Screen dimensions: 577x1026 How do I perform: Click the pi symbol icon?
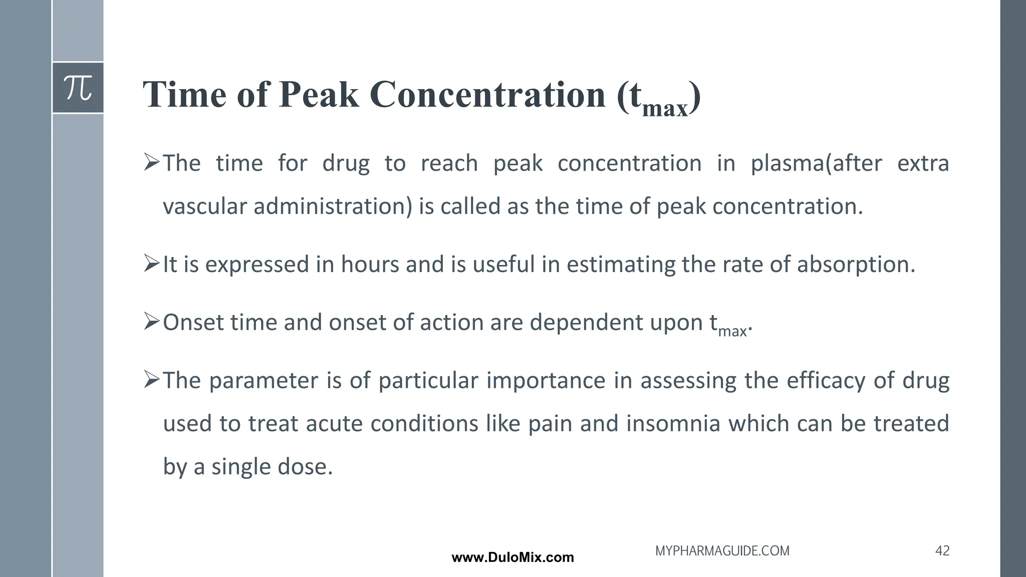coord(78,88)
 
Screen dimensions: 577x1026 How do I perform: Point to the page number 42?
coord(942,551)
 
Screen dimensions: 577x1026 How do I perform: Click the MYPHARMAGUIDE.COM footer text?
coord(722,551)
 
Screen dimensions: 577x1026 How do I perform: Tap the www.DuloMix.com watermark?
coord(512,557)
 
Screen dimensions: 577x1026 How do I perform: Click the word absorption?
coord(855,264)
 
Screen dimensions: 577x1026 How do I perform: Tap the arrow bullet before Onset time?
coord(151,321)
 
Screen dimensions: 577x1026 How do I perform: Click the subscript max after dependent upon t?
coord(732,331)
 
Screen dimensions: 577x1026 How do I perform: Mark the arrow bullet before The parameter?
coord(151,379)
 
